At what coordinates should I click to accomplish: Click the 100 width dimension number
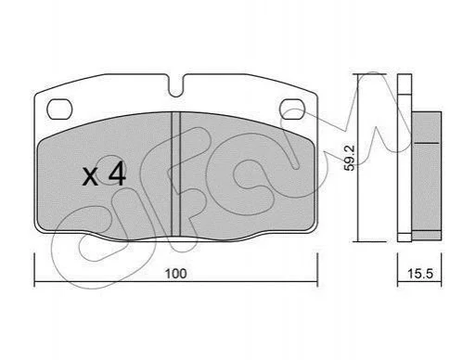pos(176,274)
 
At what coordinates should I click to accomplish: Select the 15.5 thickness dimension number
pos(420,274)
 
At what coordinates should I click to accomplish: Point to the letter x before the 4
pos(90,177)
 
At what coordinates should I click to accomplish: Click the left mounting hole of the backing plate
pos(59,109)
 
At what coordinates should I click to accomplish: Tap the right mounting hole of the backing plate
pos(292,109)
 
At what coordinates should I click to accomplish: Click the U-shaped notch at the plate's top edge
pos(176,86)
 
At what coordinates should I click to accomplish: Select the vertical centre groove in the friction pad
pos(175,174)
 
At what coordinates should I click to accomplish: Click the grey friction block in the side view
pos(427,174)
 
